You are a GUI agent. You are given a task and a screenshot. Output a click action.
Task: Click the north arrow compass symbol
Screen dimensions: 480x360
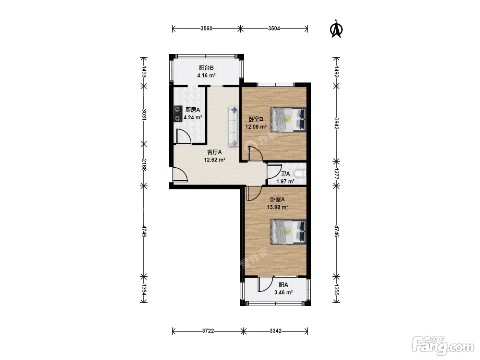point(336,29)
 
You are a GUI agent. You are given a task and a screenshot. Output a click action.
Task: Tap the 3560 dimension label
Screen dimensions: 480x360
point(206,28)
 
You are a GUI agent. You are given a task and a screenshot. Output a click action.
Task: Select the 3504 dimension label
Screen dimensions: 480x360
point(274,28)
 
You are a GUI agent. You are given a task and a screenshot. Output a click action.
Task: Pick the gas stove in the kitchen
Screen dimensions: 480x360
point(178,114)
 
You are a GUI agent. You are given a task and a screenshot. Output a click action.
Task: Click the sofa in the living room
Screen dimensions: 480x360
point(233,126)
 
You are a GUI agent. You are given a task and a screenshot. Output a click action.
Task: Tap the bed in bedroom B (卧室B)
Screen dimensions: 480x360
point(288,120)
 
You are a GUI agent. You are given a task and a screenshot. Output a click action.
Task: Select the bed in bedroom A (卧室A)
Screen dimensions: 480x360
point(288,232)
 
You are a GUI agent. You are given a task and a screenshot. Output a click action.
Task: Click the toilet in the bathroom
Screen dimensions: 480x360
point(300,174)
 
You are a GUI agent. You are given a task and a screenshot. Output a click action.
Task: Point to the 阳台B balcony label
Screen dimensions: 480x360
point(206,68)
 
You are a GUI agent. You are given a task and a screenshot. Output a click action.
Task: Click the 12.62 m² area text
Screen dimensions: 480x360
point(215,160)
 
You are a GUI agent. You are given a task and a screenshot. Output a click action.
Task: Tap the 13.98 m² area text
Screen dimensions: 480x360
point(277,207)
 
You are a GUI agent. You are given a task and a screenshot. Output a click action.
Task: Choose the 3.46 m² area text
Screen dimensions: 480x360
point(284,292)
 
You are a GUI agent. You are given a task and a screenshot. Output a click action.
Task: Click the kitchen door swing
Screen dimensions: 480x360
point(184,136)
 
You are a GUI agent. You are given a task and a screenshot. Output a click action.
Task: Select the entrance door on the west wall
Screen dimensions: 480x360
point(180,175)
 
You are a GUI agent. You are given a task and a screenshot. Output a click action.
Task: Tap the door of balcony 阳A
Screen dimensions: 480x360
point(265,284)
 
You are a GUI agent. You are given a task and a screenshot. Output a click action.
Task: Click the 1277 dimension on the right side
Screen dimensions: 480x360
point(336,174)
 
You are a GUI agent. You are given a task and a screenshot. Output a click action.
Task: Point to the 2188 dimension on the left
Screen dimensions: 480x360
point(144,165)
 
